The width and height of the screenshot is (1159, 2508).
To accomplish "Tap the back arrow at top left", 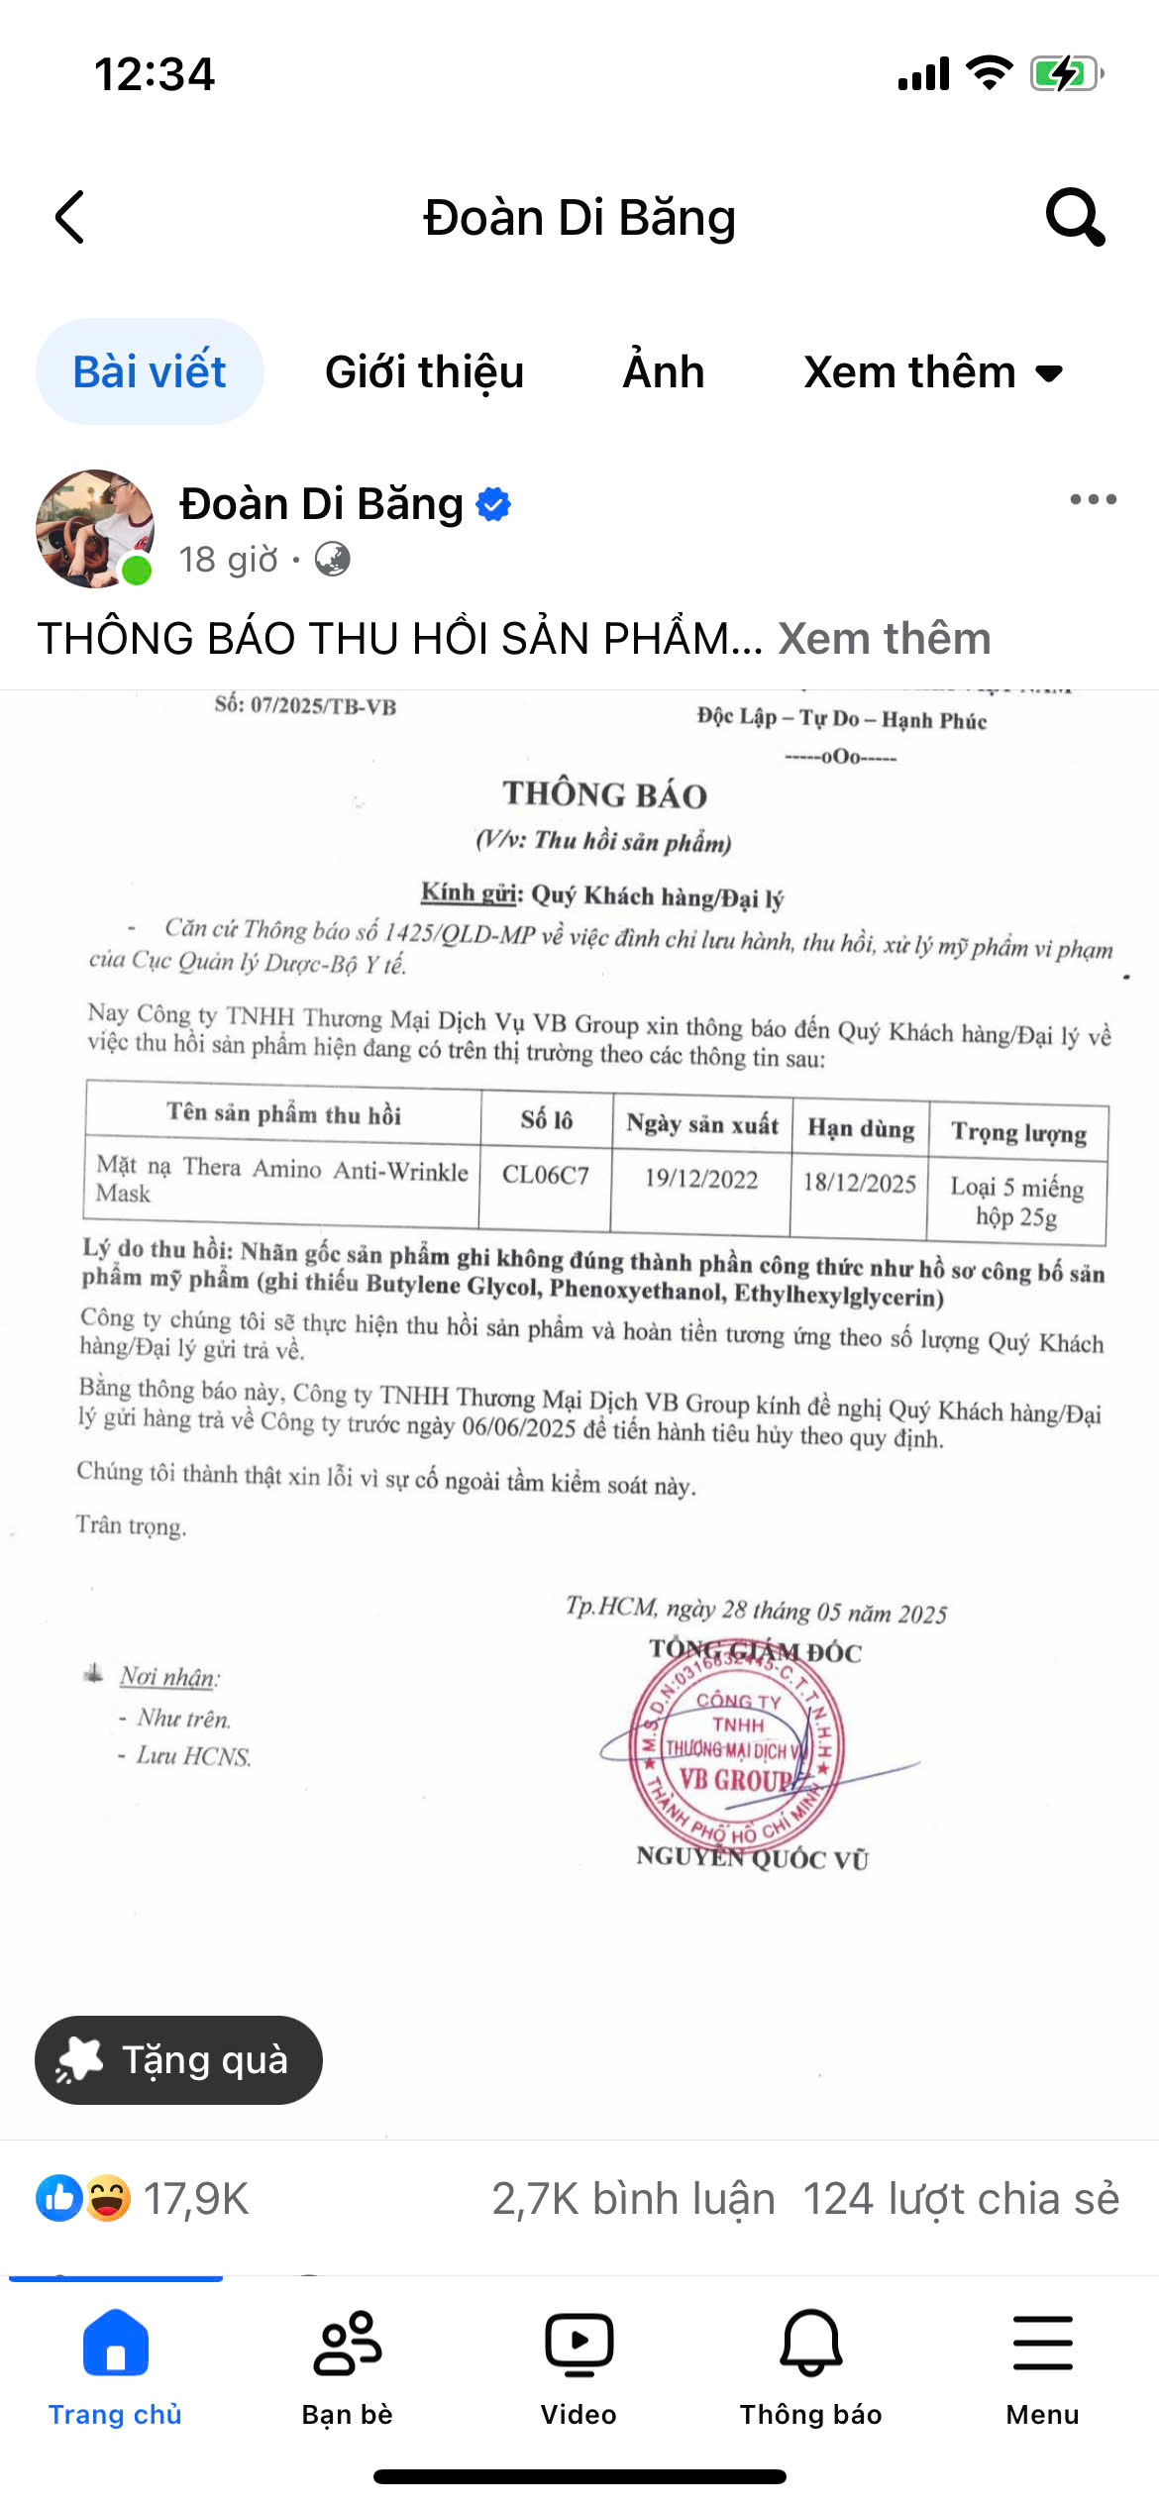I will click(70, 217).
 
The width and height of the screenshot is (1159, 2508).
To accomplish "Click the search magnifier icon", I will click(1075, 216).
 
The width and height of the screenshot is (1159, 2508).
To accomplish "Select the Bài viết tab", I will click(150, 372).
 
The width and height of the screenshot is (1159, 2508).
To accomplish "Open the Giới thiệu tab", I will click(424, 372).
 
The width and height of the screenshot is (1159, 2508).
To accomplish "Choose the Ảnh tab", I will click(664, 372).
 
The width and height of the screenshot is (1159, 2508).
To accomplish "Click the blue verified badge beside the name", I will click(493, 504).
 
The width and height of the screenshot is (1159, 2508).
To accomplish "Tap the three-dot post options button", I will click(1093, 499).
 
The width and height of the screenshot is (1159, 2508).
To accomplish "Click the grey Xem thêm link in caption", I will click(885, 639).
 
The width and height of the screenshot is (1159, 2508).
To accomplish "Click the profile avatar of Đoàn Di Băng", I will click(95, 529).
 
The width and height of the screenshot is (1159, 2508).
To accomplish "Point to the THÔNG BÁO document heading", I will click(604, 794).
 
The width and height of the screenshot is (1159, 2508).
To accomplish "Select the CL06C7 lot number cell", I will click(546, 1176).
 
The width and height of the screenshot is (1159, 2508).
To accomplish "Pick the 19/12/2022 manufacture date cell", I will click(701, 1179).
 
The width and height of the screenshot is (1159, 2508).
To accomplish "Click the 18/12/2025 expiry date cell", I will click(859, 1183).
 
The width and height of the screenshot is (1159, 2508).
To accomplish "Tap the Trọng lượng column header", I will click(1018, 1132).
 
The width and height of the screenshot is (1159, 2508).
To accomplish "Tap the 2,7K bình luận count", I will click(633, 2199).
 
